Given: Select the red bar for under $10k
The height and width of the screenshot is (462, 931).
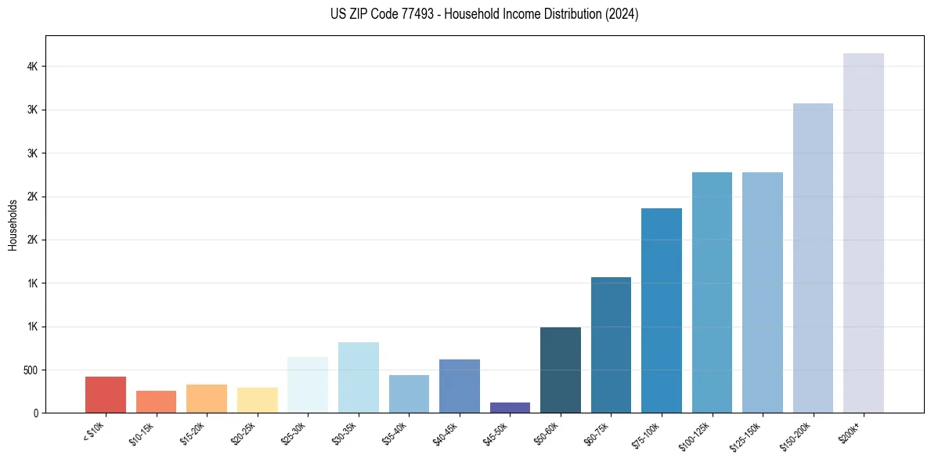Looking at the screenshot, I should point(106,395).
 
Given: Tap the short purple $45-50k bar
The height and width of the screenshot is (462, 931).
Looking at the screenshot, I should point(510,407).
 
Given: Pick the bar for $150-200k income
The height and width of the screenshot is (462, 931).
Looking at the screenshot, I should point(813,258).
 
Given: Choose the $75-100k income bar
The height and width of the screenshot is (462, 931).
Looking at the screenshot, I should point(662,310).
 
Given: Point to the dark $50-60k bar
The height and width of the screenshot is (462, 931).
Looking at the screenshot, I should point(561,370).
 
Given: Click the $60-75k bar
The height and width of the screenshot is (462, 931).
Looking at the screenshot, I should point(611,345).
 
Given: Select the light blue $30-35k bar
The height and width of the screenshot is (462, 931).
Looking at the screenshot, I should point(359,377).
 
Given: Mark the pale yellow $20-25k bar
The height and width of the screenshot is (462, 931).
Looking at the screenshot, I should point(258,399).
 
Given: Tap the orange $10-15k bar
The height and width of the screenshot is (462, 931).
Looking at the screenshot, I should point(157,401).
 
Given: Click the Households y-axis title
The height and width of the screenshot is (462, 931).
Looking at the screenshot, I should point(13,225).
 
